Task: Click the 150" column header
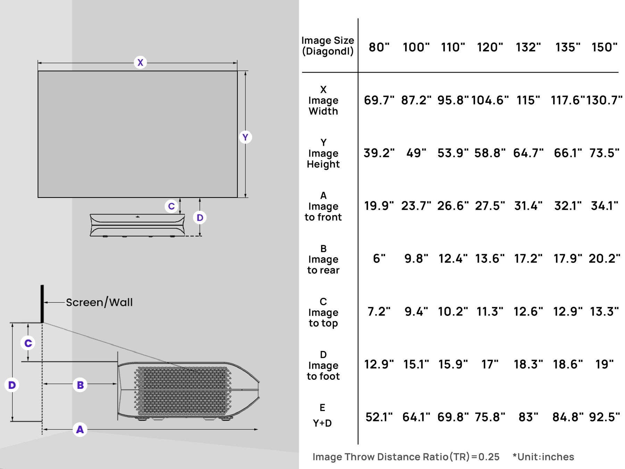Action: (x=604, y=47)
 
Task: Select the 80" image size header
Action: (x=379, y=47)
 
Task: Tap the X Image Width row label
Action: (x=323, y=100)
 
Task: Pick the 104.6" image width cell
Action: (x=490, y=100)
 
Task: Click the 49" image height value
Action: (x=416, y=153)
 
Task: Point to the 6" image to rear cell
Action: (x=379, y=259)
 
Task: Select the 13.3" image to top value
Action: (x=604, y=312)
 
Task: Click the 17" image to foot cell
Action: (x=490, y=365)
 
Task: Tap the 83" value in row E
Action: (x=528, y=417)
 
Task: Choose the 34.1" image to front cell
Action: (x=604, y=206)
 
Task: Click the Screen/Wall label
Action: (x=99, y=302)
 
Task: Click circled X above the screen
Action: (x=140, y=62)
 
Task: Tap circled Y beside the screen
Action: (x=245, y=137)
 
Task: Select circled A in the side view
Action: (x=80, y=429)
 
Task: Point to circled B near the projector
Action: (x=80, y=385)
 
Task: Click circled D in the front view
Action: (x=200, y=218)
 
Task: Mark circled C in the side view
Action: (x=28, y=343)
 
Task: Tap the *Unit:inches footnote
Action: (x=543, y=457)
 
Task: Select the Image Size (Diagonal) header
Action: (x=327, y=46)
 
